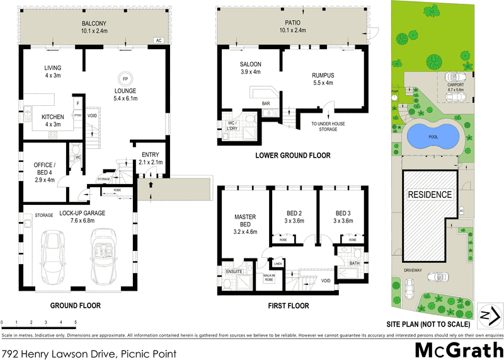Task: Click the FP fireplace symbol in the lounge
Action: [125, 79]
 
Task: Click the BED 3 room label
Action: [344, 217]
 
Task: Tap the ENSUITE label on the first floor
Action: [234, 272]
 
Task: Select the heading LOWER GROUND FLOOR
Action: [292, 155]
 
